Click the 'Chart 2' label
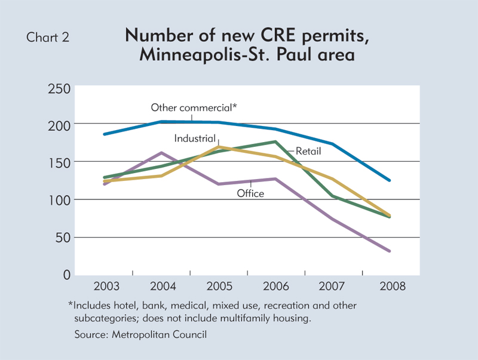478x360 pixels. [x=48, y=37]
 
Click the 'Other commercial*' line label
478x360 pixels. [x=194, y=107]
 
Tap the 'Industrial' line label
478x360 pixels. [x=194, y=138]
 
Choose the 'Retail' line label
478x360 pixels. [x=308, y=152]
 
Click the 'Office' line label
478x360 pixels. [x=250, y=193]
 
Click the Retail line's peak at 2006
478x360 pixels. [x=275, y=141]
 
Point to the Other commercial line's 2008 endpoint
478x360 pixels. [x=390, y=180]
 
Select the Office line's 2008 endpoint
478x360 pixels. [x=390, y=251]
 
